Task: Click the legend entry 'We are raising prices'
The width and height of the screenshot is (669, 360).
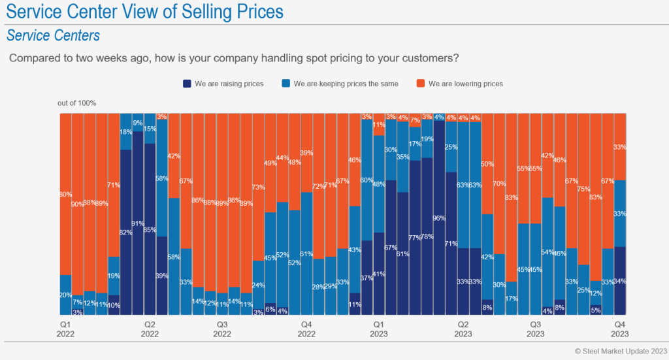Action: coord(223,84)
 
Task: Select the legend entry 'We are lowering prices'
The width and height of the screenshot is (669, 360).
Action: coord(459,84)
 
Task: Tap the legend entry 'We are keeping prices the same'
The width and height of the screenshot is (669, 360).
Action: coord(340,84)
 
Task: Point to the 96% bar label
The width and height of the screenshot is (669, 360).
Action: coord(439,218)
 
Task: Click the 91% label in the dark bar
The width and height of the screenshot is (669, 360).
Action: coord(138,223)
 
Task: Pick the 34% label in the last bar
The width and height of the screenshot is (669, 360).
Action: coord(620,282)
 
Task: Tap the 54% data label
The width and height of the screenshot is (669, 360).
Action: coord(547,252)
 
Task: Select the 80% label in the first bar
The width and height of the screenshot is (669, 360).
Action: coord(65,194)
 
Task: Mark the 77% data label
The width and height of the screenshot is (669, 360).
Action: coord(415,238)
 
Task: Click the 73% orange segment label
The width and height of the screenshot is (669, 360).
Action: coord(258,188)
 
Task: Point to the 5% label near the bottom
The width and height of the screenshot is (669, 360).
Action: coord(596,310)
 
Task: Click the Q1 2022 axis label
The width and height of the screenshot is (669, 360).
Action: coord(65,329)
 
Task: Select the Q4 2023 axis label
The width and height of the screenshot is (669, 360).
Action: coord(620,329)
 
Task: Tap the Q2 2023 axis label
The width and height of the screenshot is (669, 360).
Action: coord(463,329)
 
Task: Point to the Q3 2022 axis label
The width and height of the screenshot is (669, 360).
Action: coord(222,329)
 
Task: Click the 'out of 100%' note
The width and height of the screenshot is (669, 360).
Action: coord(76,103)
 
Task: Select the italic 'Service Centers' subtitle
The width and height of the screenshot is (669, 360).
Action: coord(53,35)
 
